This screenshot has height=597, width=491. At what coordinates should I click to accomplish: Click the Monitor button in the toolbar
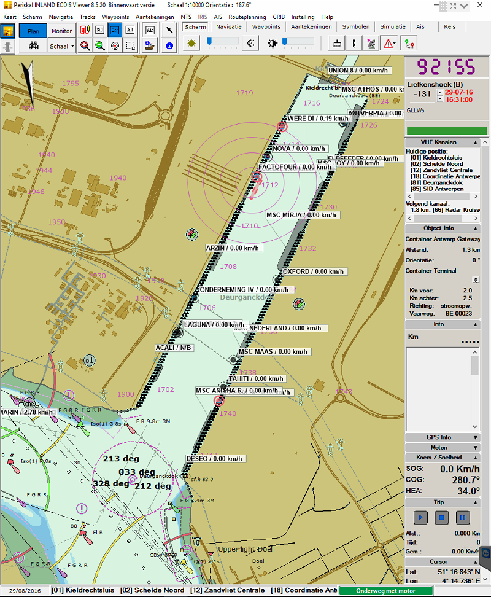click(x=61, y=30)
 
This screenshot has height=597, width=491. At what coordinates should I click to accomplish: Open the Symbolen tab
click(x=355, y=27)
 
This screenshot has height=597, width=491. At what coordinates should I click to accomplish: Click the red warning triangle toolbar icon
click(x=389, y=44)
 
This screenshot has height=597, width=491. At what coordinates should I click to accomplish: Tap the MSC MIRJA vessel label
click(x=301, y=215)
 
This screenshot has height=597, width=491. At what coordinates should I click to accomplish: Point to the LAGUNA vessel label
click(x=214, y=325)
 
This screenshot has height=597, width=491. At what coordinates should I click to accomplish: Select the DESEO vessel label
click(x=215, y=459)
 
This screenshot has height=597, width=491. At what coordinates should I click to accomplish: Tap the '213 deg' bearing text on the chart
click(x=120, y=459)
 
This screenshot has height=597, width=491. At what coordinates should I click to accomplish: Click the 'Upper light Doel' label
click(x=236, y=548)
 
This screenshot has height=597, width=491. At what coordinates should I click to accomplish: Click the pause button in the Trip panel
click(x=463, y=517)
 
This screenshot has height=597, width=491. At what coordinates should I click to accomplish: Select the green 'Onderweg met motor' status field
click(x=385, y=591)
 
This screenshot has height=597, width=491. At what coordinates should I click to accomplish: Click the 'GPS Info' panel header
click(x=438, y=437)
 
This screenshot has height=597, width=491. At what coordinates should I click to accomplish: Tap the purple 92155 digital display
click(x=446, y=67)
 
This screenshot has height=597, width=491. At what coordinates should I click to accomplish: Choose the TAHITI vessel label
click(x=256, y=378)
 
